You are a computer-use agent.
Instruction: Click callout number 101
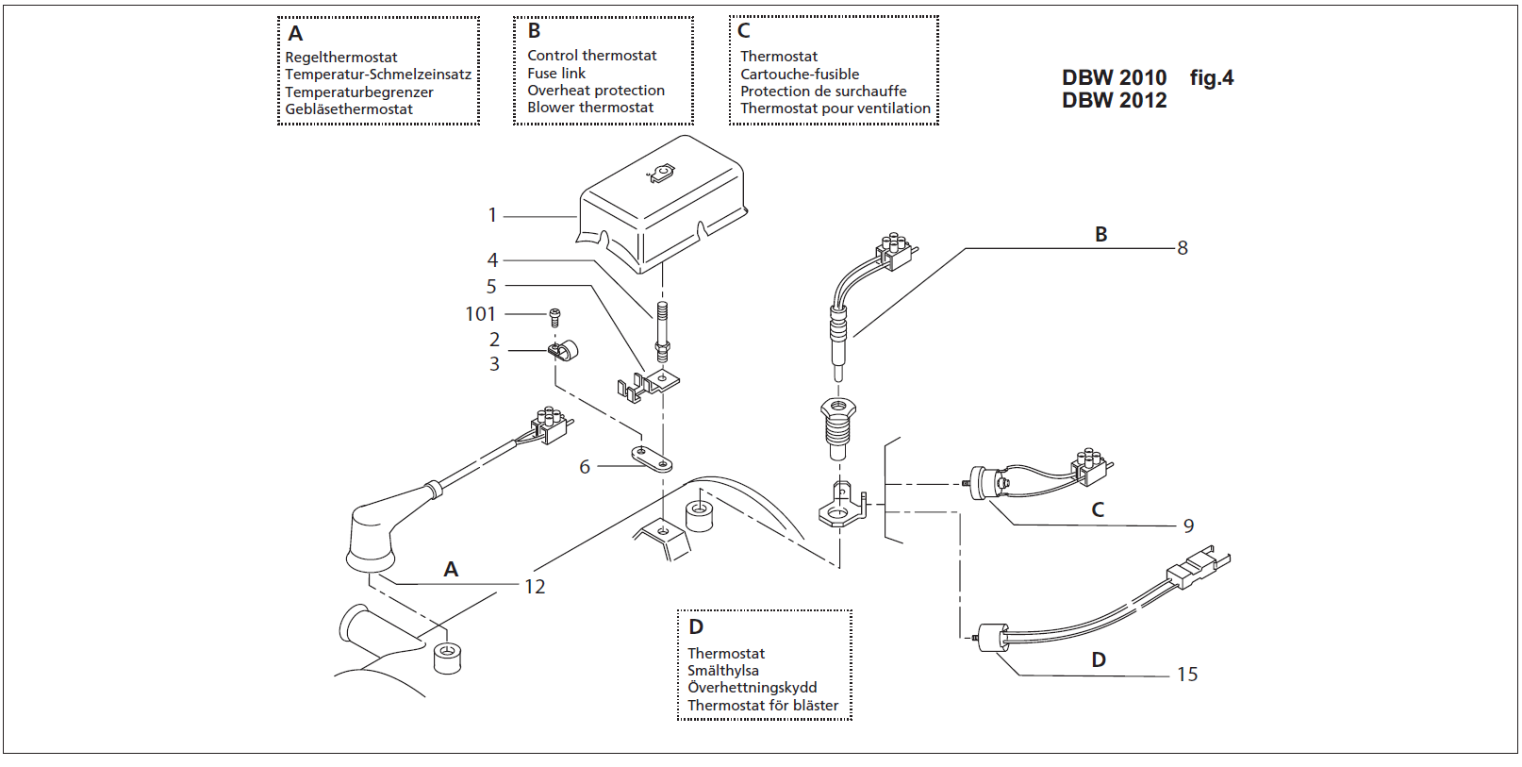point(480,314)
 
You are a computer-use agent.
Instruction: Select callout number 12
point(535,587)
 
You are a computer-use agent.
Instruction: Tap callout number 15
point(1187,675)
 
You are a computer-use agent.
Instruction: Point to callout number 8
point(1183,248)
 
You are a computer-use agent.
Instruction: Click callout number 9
point(1188,526)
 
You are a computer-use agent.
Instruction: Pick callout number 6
point(585,467)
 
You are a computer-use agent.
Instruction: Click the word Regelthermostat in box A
point(341,58)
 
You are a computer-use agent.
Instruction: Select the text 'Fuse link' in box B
point(556,74)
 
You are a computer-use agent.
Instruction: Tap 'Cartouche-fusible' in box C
point(800,75)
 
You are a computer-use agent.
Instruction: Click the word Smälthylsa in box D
point(723,671)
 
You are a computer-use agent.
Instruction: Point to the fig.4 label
point(1211,78)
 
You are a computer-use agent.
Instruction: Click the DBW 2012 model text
point(1114,101)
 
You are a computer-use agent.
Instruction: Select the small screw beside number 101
point(554,317)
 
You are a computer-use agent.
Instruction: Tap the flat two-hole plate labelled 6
point(652,459)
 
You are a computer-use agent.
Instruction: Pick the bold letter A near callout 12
point(451,570)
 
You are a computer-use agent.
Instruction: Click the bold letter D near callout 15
point(1099,660)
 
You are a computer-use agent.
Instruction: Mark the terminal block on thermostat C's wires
point(1091,464)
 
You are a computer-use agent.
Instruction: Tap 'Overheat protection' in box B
point(596,91)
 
